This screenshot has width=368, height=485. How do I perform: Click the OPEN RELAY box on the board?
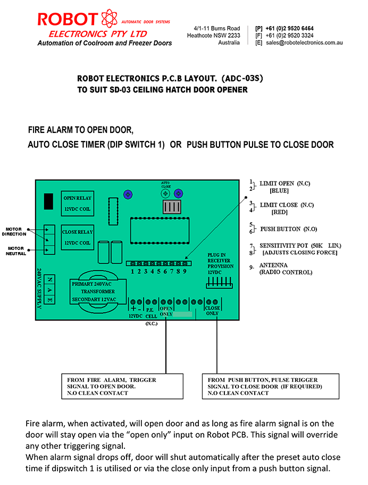(77, 203)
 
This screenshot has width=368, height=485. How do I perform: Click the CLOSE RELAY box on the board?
(77, 237)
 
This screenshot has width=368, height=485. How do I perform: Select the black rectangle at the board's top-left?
(48, 202)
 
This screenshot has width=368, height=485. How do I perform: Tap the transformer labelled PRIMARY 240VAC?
(98, 291)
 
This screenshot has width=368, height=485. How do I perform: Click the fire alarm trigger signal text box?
(122, 386)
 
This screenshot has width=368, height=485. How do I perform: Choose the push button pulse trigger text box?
(271, 386)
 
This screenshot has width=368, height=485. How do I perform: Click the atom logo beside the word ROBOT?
(110, 18)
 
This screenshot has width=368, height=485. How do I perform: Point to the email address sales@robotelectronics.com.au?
(304, 43)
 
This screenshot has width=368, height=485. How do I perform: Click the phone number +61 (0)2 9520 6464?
(289, 29)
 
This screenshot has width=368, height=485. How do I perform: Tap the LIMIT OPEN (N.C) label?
(285, 183)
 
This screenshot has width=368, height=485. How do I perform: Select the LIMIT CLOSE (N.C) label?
(287, 205)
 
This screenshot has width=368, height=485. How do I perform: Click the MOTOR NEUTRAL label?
(16, 251)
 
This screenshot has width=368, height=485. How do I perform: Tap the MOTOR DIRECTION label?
(14, 232)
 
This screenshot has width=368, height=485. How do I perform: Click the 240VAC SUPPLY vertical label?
(39, 288)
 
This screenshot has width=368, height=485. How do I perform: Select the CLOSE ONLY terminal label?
(212, 311)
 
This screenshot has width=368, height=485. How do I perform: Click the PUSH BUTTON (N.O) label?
(289, 229)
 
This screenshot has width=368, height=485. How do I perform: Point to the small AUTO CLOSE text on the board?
(166, 185)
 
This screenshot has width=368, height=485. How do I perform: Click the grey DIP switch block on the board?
(172, 207)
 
